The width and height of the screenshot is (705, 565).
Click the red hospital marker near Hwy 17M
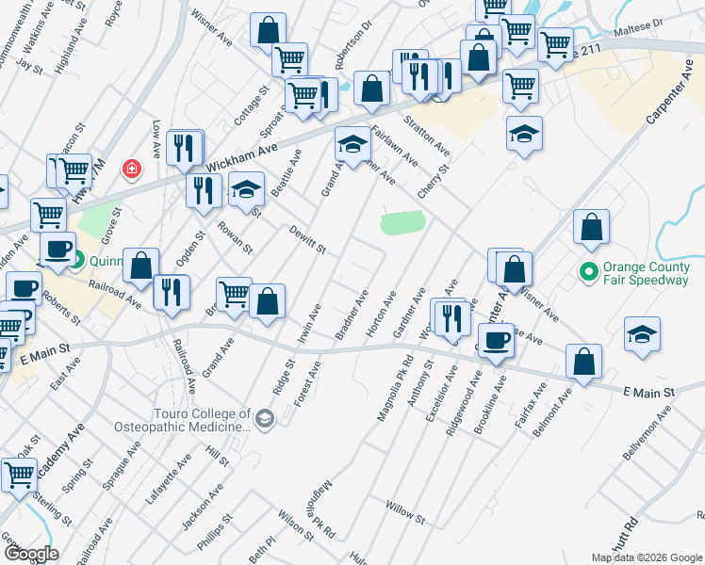tap(132, 169)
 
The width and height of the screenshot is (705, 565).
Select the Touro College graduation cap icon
tap(265, 417)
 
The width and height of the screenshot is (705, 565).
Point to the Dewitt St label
tap(307, 240)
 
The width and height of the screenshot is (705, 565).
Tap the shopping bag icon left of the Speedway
tap(591, 227)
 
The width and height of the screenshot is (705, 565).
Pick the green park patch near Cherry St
tap(402, 223)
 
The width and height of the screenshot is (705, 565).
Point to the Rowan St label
tap(236, 237)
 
